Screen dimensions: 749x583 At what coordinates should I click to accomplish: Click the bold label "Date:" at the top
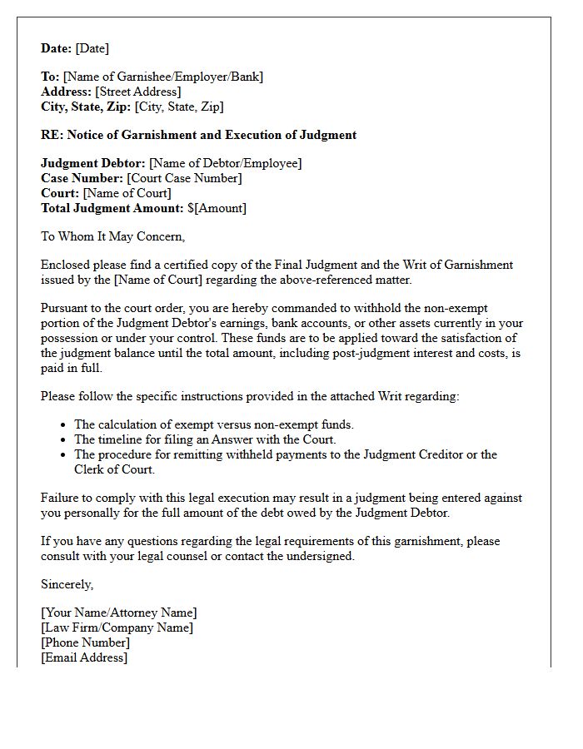(57, 48)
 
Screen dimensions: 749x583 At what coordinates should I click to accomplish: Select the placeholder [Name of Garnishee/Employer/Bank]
(163, 77)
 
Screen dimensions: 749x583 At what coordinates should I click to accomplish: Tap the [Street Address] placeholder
(137, 92)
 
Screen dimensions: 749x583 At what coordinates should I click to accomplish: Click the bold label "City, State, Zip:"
(86, 107)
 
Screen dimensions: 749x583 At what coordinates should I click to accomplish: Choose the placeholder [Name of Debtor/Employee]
(225, 163)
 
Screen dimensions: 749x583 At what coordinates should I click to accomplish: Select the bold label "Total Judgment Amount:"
(112, 208)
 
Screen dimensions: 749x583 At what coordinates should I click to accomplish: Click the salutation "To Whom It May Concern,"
(112, 236)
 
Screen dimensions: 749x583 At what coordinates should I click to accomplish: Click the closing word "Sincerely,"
(67, 584)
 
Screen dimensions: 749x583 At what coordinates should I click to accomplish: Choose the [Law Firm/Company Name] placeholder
(117, 627)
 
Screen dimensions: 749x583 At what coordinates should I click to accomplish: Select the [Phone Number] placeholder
(85, 642)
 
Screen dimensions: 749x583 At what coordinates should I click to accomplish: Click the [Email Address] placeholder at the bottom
(84, 657)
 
